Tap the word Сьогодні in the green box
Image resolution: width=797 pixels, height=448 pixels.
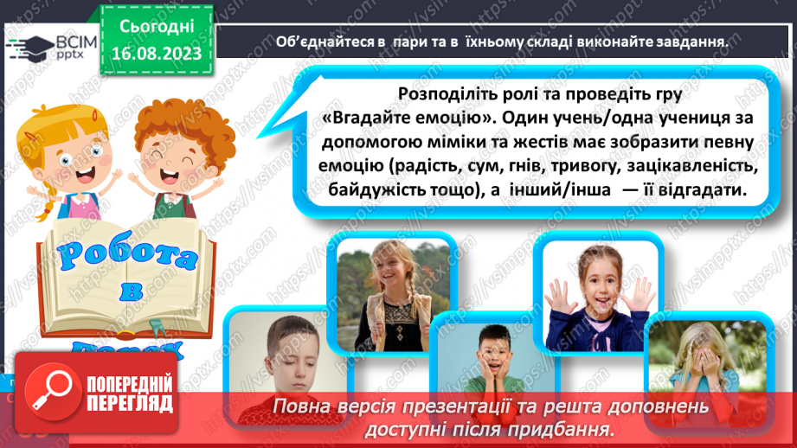pos(156,28)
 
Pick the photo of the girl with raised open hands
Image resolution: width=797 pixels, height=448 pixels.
pos(596,285)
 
